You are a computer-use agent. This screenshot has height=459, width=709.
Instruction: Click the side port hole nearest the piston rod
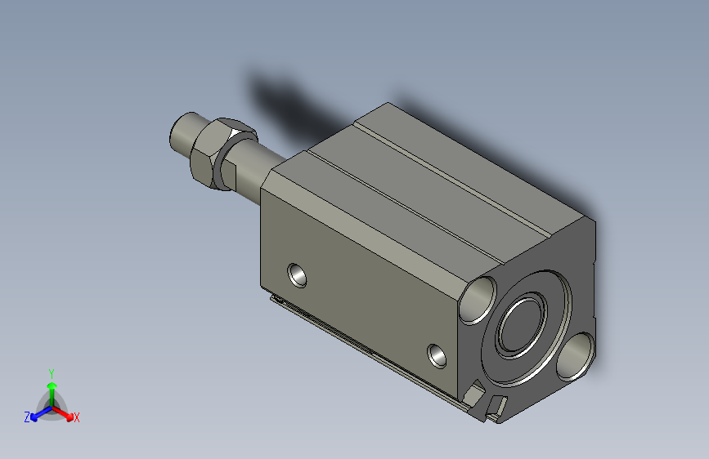(x=297, y=275)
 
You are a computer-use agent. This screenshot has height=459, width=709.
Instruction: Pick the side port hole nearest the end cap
(x=437, y=355)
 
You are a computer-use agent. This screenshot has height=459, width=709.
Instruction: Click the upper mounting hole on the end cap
(x=478, y=301)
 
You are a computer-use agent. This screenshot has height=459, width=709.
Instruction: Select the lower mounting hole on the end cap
(x=575, y=356)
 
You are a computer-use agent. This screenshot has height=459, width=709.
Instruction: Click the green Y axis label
(x=52, y=374)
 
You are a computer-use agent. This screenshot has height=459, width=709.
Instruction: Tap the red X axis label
(x=76, y=418)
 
